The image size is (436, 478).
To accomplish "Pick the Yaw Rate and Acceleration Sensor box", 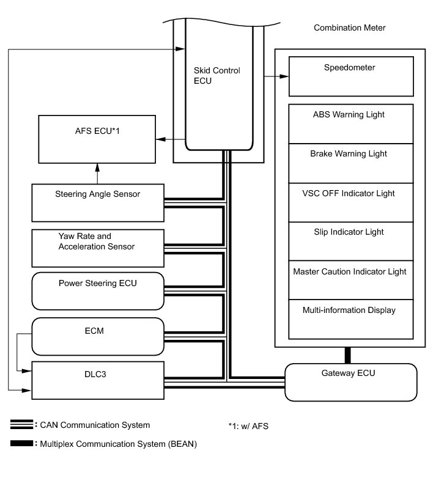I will click(x=97, y=247).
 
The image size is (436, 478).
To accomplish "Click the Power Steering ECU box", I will click(x=97, y=291).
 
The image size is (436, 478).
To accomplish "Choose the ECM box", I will click(x=97, y=336).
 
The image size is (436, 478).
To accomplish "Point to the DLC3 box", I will click(x=97, y=380).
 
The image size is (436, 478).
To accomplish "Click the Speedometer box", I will click(x=349, y=76).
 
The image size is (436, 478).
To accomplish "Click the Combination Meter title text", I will click(x=349, y=28).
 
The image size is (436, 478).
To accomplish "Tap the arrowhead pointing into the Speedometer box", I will click(x=284, y=76).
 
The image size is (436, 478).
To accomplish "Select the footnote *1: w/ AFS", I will click(x=248, y=426).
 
